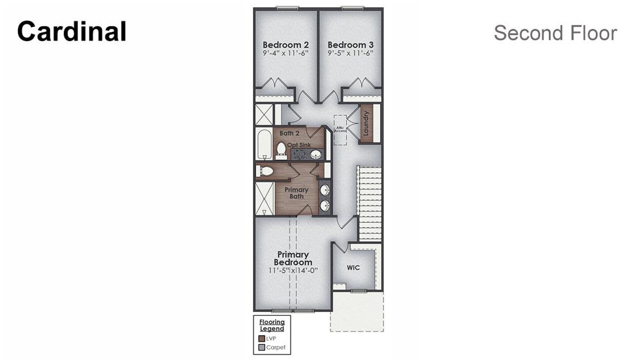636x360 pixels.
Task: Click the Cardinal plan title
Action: [x=72, y=31]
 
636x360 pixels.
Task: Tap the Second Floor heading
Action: [x=555, y=33]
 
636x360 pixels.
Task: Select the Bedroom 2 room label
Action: [x=286, y=45]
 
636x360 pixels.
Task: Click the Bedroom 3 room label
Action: [x=351, y=45]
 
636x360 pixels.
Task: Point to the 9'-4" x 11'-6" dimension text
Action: [x=286, y=53]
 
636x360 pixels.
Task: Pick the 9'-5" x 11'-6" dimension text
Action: [x=351, y=53]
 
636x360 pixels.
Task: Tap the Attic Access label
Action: [x=341, y=129]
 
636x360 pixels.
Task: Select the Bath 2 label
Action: [x=289, y=133]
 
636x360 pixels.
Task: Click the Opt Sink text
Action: [x=300, y=144]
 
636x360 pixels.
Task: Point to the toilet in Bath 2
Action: [x=281, y=149]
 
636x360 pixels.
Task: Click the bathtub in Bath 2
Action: [x=264, y=144]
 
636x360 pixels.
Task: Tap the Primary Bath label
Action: [x=296, y=193]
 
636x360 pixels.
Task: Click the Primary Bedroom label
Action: [x=293, y=258]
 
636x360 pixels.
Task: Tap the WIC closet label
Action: [x=353, y=268]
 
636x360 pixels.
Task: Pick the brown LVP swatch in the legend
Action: [x=262, y=338]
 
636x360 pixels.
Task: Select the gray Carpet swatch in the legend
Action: [x=262, y=348]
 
